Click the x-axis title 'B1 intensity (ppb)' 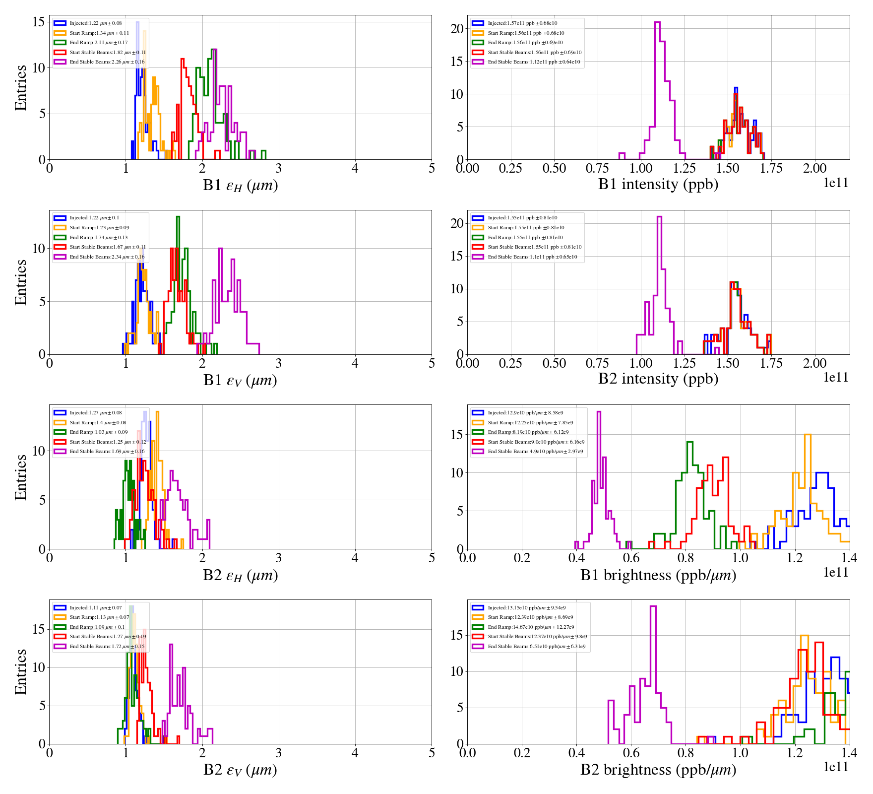(x=658, y=184)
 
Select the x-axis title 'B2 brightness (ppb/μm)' (x=658, y=770)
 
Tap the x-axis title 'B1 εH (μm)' (x=240, y=185)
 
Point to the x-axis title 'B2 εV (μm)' (x=240, y=770)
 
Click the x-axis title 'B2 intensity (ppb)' (x=658, y=379)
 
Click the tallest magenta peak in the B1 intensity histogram (x=657, y=23)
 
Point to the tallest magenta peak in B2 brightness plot (x=653, y=607)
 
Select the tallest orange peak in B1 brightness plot (x=807, y=436)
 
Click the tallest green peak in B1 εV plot (x=178, y=217)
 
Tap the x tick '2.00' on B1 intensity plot (x=814, y=169)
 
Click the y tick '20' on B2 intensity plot (x=457, y=223)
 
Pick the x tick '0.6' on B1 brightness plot (x=631, y=558)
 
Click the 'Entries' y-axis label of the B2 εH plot (x=21, y=477)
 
